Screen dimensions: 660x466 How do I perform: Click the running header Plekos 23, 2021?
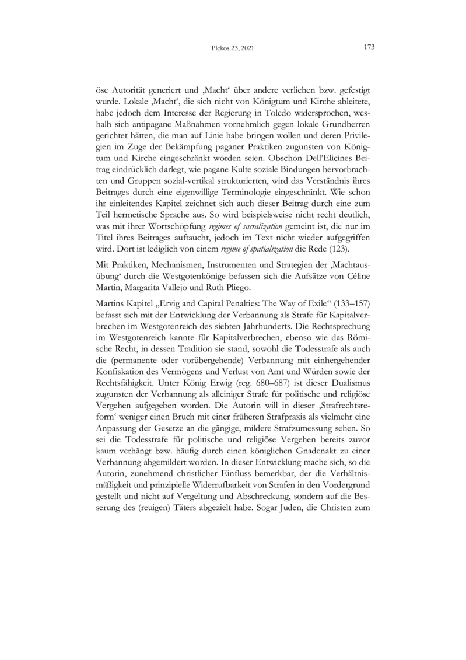(x=233, y=48)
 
